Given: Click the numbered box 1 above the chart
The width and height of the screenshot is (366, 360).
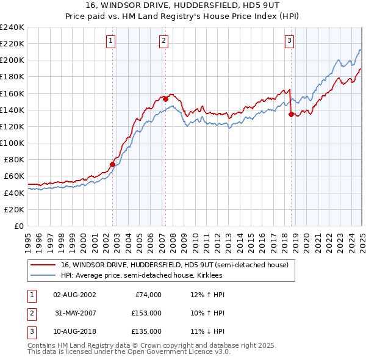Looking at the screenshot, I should point(111,41).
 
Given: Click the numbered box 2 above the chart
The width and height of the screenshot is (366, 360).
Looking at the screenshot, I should point(164,41).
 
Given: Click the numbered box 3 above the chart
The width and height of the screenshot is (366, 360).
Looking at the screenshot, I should point(289,41).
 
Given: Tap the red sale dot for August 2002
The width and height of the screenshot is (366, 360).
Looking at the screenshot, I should point(113,164).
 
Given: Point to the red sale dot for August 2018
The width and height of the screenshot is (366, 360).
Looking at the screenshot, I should point(291,113).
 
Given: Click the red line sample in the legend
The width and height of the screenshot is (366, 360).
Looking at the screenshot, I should point(43,264).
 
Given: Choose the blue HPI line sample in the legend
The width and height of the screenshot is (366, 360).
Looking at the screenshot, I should point(43,275).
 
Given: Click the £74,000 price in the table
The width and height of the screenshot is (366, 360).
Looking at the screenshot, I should point(148,295).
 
